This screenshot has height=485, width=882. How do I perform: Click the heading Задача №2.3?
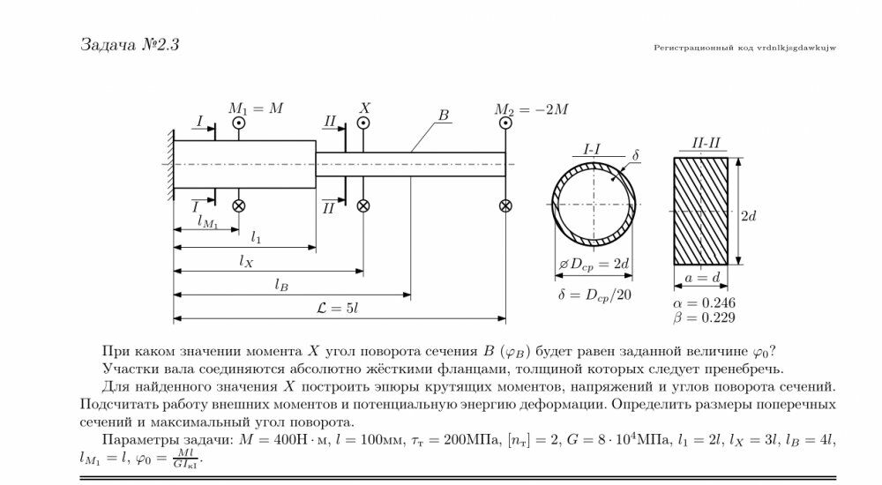click(x=130, y=44)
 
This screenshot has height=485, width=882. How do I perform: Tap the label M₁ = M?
click(x=256, y=108)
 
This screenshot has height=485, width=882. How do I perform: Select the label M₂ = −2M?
click(x=532, y=109)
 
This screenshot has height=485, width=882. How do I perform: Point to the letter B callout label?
click(x=444, y=116)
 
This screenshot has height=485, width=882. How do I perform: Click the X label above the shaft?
click(x=365, y=108)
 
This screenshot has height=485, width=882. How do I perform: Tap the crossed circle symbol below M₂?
click(x=505, y=206)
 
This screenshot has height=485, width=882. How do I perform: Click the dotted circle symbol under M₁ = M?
click(x=238, y=123)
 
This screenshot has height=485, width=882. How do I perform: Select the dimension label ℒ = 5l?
click(x=338, y=308)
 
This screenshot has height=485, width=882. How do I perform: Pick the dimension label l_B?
click(x=281, y=284)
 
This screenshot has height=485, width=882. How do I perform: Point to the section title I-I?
click(x=592, y=149)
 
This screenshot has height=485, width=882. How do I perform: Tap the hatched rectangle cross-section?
click(x=701, y=211)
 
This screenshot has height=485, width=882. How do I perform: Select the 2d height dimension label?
click(x=749, y=215)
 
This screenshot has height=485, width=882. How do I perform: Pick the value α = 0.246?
click(x=704, y=302)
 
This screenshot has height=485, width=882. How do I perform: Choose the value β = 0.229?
click(x=704, y=317)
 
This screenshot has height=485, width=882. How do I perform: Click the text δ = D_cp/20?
click(x=595, y=295)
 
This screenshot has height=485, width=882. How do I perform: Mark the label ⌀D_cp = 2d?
click(x=594, y=265)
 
